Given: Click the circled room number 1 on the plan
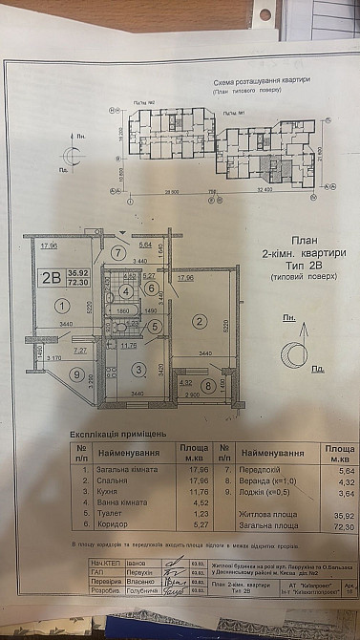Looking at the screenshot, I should point(60,307).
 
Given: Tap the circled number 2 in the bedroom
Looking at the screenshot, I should point(199,321).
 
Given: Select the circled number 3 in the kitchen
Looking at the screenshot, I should point(138,369).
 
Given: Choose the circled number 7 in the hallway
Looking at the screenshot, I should point(117,253).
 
